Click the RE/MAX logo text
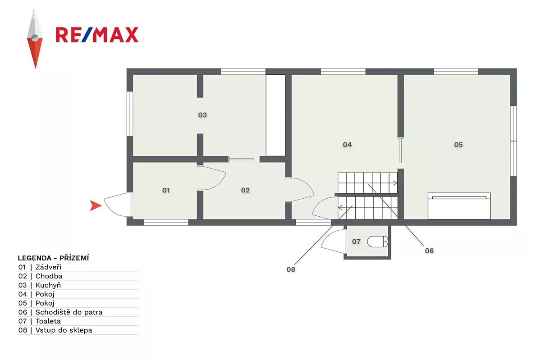(x=97, y=35)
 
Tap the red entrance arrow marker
(x=96, y=205)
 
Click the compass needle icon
(x=35, y=38)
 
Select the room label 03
(x=202, y=115)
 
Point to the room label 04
(x=347, y=145)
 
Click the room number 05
(x=458, y=145)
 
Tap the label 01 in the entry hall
(x=166, y=190)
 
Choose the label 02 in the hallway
(x=245, y=190)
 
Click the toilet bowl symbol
(x=377, y=242)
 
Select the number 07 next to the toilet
(x=356, y=242)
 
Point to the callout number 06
(x=429, y=251)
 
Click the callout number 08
(x=291, y=269)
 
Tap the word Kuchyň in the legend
(x=48, y=285)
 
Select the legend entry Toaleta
(x=48, y=321)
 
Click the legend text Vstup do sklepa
(x=64, y=330)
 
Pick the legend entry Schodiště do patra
(x=69, y=312)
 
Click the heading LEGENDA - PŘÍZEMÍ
(x=53, y=258)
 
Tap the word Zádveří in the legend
(x=48, y=267)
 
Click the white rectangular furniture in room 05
(x=459, y=206)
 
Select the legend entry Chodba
(x=49, y=276)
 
